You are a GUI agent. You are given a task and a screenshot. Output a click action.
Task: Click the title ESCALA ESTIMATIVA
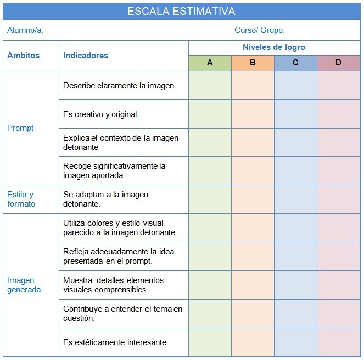181,11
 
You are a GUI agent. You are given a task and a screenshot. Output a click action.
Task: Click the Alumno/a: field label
25,31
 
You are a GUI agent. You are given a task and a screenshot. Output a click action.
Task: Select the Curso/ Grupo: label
260,31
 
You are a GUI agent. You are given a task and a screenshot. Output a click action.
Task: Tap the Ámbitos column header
23,56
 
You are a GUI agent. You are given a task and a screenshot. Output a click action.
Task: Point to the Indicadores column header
86,56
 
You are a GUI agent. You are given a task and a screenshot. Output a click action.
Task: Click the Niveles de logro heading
274,47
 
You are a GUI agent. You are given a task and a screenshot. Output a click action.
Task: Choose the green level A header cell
210,63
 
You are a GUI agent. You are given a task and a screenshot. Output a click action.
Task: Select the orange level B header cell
253,63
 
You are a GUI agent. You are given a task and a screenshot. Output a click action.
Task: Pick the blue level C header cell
295,63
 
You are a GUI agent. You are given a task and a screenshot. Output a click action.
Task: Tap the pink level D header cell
338,63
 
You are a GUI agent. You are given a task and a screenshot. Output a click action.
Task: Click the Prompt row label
20,128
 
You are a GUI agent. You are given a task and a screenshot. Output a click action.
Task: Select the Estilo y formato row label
21,199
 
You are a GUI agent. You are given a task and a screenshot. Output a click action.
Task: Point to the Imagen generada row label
24,285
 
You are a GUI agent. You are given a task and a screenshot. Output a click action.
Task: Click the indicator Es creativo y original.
101,114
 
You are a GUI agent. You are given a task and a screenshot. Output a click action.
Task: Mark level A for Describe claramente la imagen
210,86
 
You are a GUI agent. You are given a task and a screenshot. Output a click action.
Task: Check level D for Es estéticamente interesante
338,342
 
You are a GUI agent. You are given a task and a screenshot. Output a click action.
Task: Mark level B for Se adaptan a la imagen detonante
253,199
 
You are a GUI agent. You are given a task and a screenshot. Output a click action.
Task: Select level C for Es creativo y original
295,114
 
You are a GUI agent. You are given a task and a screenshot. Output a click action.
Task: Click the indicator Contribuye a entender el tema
122,313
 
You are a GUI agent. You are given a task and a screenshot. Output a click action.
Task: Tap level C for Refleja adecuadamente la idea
295,256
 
